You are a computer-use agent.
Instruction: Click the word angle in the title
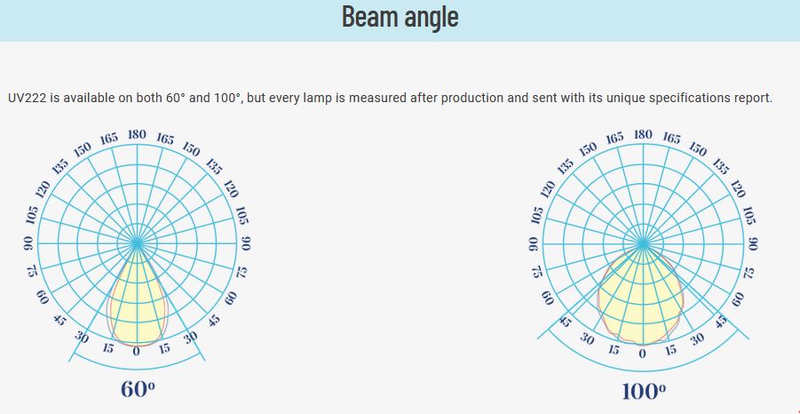coord(432,18)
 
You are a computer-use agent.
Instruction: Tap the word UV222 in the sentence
coord(27,98)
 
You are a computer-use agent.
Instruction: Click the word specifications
coord(688,98)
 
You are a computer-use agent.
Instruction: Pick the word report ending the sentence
coord(752,98)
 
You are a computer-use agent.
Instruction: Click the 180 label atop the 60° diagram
coord(137,135)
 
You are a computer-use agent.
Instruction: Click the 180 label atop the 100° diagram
coord(643,134)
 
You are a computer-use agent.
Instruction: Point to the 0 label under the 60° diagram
coord(136,351)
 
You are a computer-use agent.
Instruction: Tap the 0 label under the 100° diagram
coord(642,353)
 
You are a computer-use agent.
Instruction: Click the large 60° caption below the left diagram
coord(138,389)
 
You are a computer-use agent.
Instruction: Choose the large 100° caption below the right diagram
coord(644,392)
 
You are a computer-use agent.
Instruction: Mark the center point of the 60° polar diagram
coord(137,243)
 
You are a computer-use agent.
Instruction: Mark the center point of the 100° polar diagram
coord(643,243)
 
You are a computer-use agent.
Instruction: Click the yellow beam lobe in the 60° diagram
coord(137,307)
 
